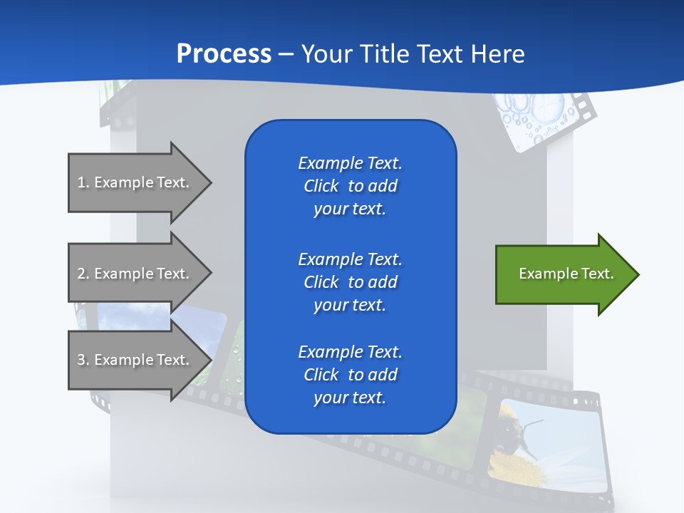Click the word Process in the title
pos(223,54)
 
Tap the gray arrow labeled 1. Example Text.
pos(135,182)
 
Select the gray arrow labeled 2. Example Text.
pos(135,274)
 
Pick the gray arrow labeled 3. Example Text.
pos(135,360)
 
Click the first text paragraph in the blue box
pos(350,186)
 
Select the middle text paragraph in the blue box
pos(350,282)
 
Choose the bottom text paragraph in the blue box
pos(350,375)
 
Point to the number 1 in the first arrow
pos(81,182)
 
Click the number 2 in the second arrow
pos(81,274)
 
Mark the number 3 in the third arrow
pos(81,360)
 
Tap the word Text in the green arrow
pos(598,274)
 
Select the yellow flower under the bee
pos(514,467)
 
